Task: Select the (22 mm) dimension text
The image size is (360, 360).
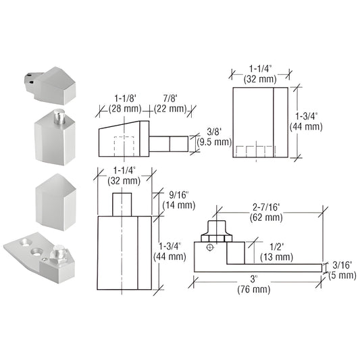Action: click(169, 108)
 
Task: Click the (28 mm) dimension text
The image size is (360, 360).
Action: click(115, 108)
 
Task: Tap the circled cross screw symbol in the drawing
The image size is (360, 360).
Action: click(210, 248)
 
